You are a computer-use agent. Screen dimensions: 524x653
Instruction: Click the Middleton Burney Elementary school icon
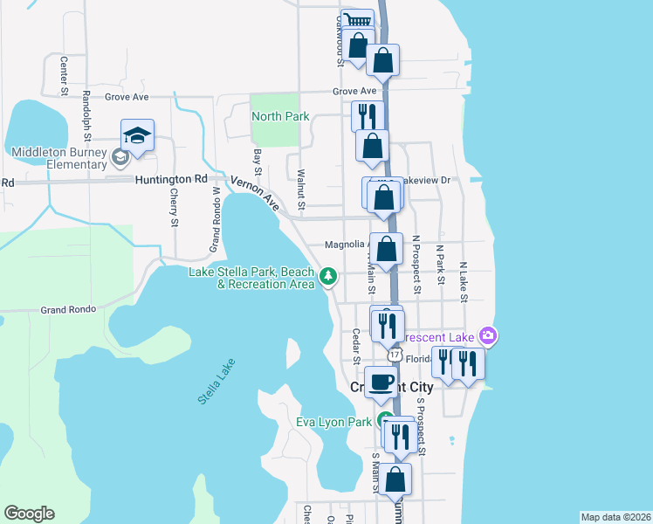coord(138,135)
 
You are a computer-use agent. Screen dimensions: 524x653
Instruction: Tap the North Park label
coord(280,116)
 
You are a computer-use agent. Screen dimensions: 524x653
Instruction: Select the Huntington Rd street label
coord(172,179)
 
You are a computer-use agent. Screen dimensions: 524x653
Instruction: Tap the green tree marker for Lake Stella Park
coord(328,278)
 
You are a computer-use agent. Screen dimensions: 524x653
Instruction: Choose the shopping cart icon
coord(356,20)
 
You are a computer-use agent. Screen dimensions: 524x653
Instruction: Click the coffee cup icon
coord(381,382)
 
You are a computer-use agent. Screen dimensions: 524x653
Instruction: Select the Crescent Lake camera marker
coord(488,335)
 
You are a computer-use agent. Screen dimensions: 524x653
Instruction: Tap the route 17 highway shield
coord(395,355)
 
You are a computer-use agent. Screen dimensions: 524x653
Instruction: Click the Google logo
coord(29,514)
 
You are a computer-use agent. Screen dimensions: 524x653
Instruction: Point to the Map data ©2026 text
coord(615,517)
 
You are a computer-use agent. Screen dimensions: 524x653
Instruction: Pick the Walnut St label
coord(300,190)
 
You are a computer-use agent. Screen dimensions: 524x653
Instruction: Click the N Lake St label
coord(464,280)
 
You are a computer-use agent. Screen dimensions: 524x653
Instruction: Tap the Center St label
coord(64,75)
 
